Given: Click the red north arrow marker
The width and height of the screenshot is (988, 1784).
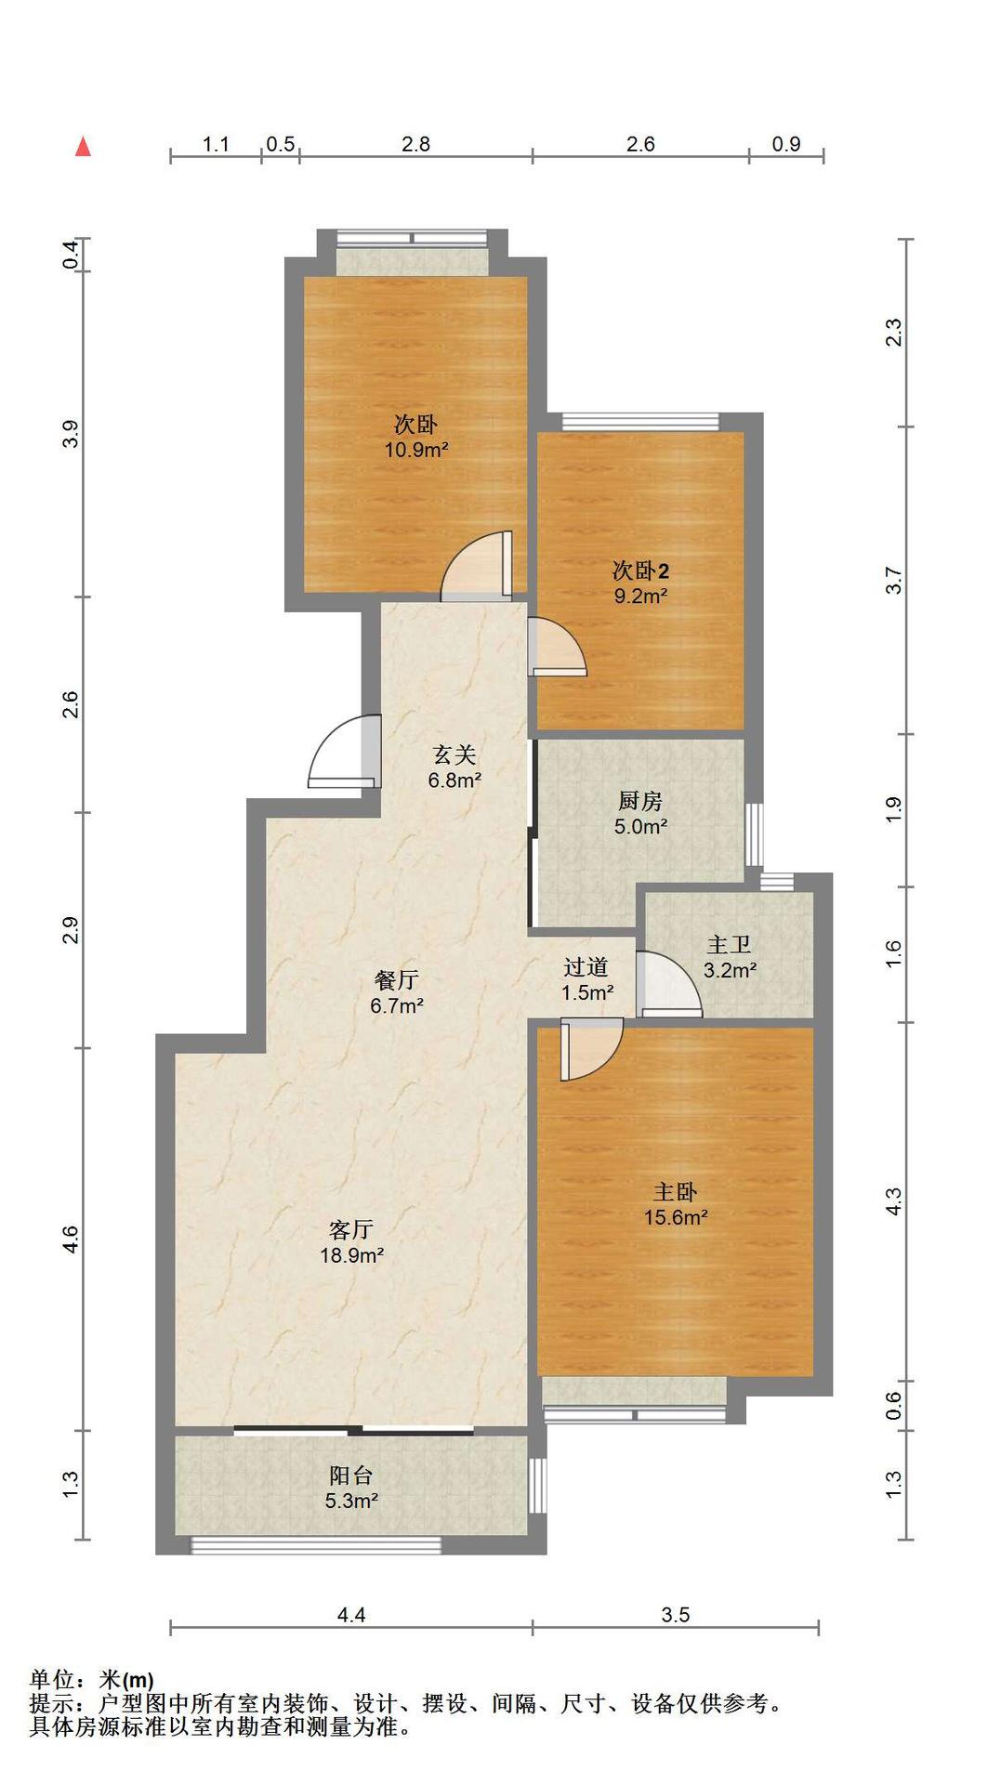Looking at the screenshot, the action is pyautogui.click(x=83, y=146).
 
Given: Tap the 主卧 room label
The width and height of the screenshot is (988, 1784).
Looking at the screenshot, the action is pyautogui.click(x=675, y=1191).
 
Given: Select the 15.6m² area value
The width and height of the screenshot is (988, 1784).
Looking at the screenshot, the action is pyautogui.click(x=676, y=1217).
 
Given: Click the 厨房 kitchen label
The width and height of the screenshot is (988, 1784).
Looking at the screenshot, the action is pyautogui.click(x=640, y=801).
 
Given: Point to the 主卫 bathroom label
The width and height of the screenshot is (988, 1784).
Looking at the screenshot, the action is pyautogui.click(x=729, y=945).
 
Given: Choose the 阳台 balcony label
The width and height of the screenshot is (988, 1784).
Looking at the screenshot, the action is pyautogui.click(x=350, y=1475).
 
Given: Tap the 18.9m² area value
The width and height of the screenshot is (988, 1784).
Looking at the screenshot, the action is pyautogui.click(x=352, y=1255).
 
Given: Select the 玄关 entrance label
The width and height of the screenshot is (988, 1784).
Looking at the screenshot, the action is pyautogui.click(x=454, y=754).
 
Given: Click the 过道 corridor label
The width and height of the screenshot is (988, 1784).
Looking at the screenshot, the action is pyautogui.click(x=586, y=966).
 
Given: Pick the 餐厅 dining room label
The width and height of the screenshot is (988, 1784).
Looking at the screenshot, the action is pyautogui.click(x=397, y=979).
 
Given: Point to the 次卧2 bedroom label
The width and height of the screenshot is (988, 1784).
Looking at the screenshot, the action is pyautogui.click(x=640, y=571).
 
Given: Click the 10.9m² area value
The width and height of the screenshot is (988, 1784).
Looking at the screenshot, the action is pyautogui.click(x=417, y=451).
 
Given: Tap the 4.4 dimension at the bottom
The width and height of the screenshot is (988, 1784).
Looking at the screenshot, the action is pyautogui.click(x=350, y=1615).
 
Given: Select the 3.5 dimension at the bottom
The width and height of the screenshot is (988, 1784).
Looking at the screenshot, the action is pyautogui.click(x=676, y=1615).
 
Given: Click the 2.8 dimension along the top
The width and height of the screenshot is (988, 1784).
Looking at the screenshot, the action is pyautogui.click(x=415, y=144).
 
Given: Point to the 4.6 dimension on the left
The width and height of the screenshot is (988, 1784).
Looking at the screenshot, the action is pyautogui.click(x=71, y=1239).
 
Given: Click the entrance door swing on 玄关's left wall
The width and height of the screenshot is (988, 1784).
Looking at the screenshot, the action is pyautogui.click(x=345, y=751).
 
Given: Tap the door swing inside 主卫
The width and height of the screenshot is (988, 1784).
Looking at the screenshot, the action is pyautogui.click(x=669, y=985).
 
